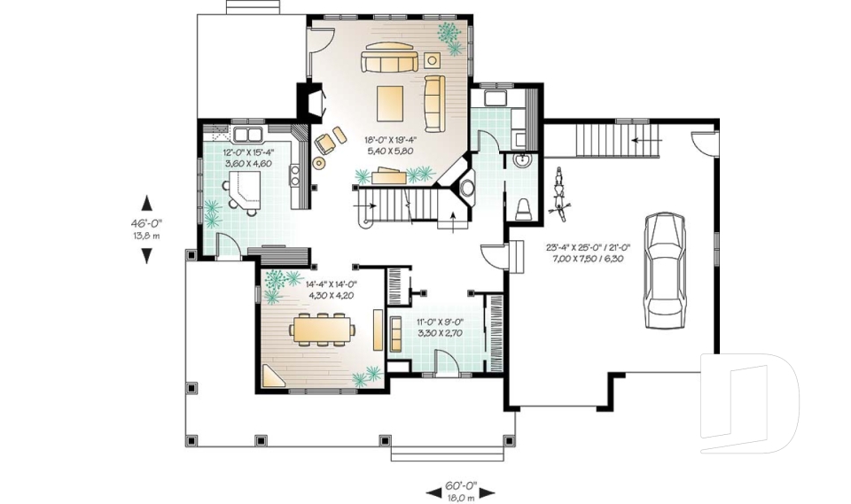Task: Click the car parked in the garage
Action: pyautogui.click(x=665, y=270)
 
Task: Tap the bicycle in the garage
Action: pyautogui.click(x=558, y=192)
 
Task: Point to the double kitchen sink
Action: pyautogui.click(x=247, y=135)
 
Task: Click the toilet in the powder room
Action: pyautogui.click(x=524, y=208)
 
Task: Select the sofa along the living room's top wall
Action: pyautogui.click(x=389, y=61)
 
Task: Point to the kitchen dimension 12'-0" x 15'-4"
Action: pyautogui.click(x=248, y=158)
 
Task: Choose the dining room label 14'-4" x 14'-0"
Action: pyautogui.click(x=330, y=291)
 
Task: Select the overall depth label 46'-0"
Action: pyautogui.click(x=146, y=229)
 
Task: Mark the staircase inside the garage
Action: pyautogui.click(x=603, y=139)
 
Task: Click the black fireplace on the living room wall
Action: pyautogui.click(x=310, y=101)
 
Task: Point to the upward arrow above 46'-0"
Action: pyautogui.click(x=146, y=203)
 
